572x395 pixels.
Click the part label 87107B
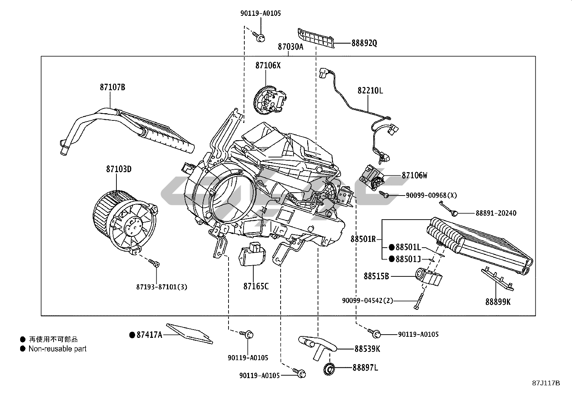click(x=112, y=87)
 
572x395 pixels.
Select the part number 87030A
click(x=291, y=47)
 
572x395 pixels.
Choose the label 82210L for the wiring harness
click(x=370, y=91)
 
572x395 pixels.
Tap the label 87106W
click(x=414, y=175)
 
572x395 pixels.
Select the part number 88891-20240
click(x=496, y=213)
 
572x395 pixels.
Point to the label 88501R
click(x=363, y=239)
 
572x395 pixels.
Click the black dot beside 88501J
click(x=392, y=259)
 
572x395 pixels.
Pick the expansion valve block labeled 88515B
click(x=429, y=276)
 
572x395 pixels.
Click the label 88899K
click(x=498, y=302)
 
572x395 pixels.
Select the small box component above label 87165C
click(x=252, y=253)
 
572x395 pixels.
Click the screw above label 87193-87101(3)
click(x=154, y=263)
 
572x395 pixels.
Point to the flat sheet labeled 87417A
click(x=189, y=334)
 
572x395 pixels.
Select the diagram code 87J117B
click(x=546, y=383)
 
